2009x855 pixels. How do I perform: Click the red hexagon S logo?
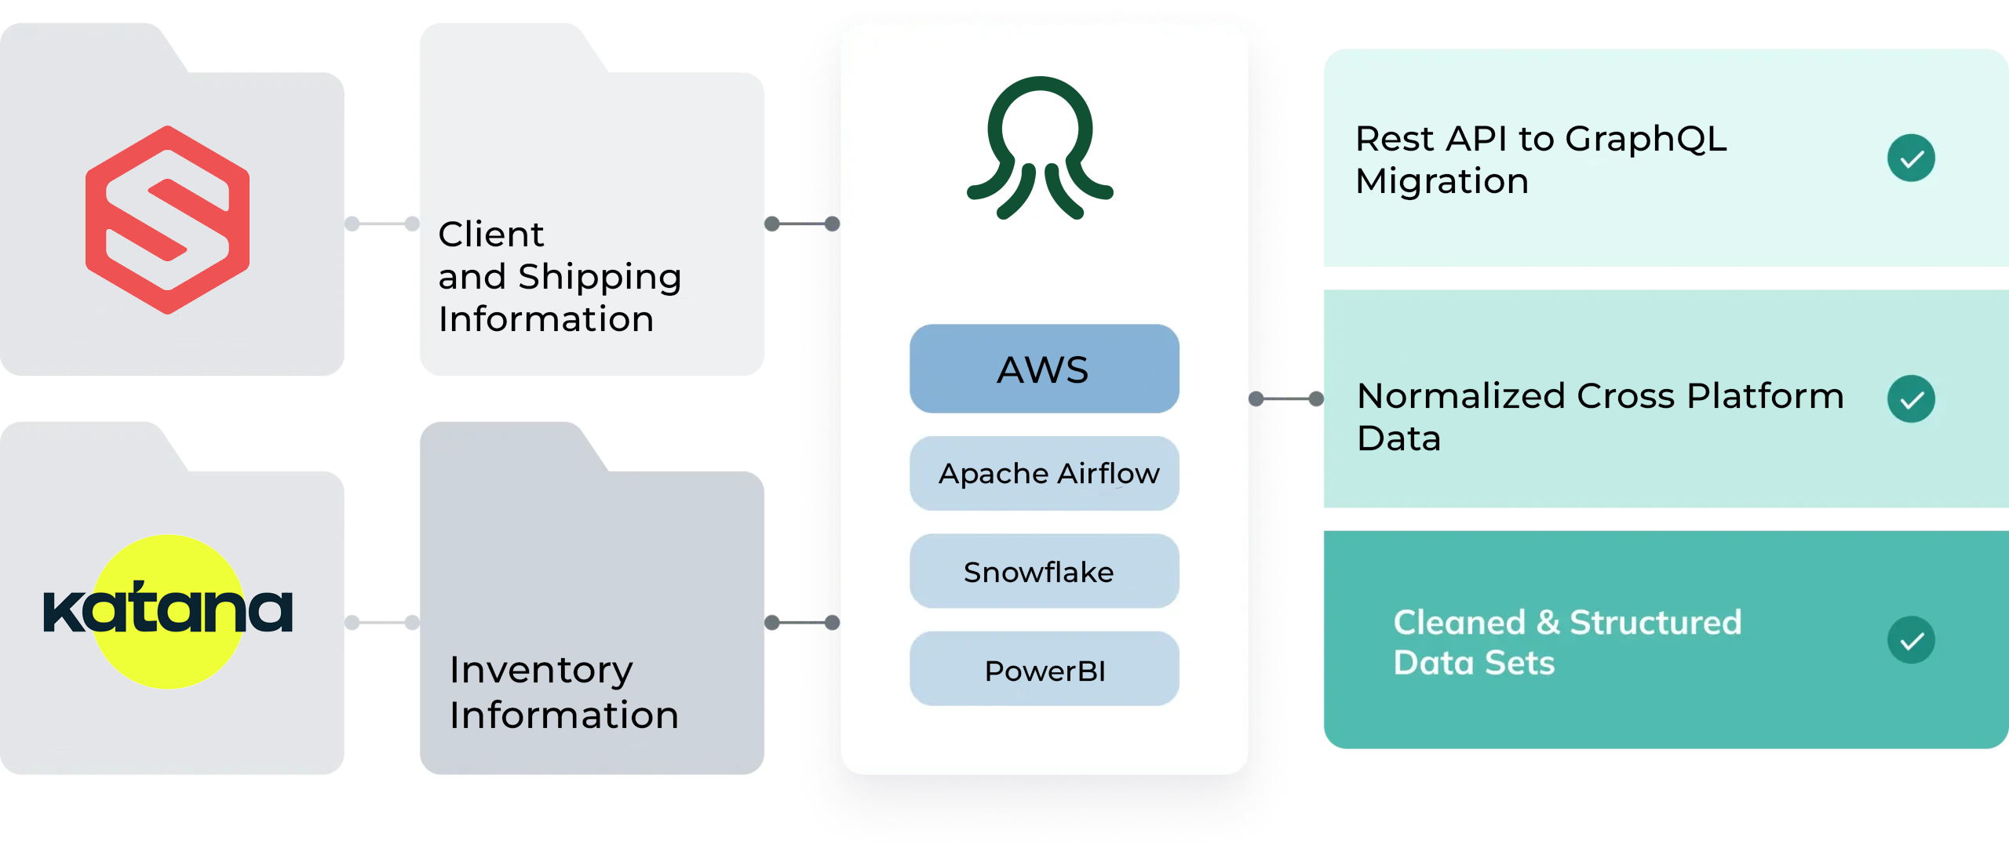click(x=167, y=220)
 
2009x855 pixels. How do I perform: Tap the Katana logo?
click(x=167, y=611)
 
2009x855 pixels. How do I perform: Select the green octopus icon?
click(x=1041, y=149)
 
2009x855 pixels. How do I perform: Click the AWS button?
click(x=1044, y=369)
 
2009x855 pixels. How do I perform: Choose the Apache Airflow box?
click(x=1044, y=474)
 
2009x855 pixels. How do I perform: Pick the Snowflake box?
click(x=1044, y=572)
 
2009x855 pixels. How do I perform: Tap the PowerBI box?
click(x=1044, y=670)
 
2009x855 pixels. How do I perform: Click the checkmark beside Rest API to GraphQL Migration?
click(x=1911, y=158)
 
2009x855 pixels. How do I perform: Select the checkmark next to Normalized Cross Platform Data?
click(x=1911, y=399)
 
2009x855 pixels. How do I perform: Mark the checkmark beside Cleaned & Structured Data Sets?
click(x=1911, y=640)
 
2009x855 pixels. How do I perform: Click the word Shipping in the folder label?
click(x=600, y=277)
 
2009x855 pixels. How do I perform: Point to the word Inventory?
click(x=541, y=670)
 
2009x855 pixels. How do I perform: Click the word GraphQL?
click(x=1646, y=140)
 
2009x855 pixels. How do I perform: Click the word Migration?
click(x=1442, y=181)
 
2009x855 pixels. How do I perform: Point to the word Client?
click(x=490, y=234)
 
